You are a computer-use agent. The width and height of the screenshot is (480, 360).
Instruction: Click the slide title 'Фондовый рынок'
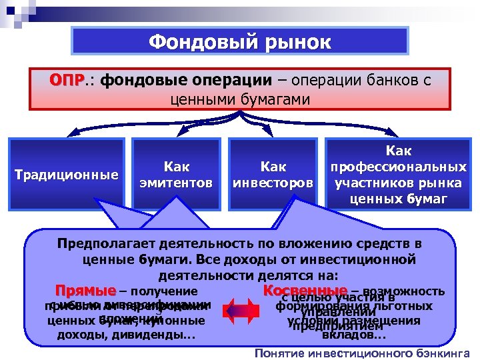pyautogui.click(x=239, y=43)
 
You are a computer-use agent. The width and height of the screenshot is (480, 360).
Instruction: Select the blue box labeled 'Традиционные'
pyautogui.click(x=67, y=175)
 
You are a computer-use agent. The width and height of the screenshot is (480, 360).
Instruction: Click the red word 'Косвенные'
pyautogui.click(x=305, y=291)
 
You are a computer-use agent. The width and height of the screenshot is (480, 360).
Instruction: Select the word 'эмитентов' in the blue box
pyautogui.click(x=177, y=182)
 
